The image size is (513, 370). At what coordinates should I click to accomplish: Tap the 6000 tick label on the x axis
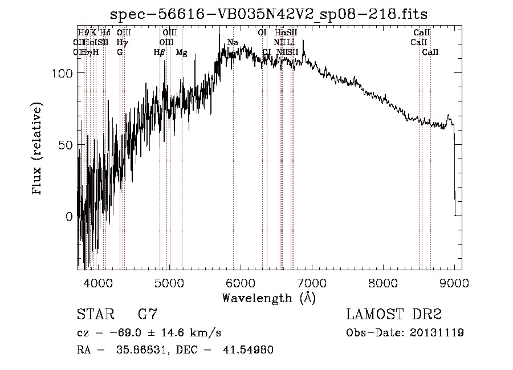[x=241, y=282]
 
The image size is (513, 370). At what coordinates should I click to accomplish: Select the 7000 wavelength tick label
[x=312, y=282]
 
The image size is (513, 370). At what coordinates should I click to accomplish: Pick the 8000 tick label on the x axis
[x=383, y=282]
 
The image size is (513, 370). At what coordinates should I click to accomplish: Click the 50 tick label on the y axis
[x=66, y=145]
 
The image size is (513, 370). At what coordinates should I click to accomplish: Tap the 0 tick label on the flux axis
[x=69, y=217]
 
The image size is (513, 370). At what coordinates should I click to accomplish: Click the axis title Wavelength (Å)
[x=268, y=298]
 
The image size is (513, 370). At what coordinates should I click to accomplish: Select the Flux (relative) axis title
[x=38, y=149]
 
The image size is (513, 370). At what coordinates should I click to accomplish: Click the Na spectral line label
[x=233, y=43]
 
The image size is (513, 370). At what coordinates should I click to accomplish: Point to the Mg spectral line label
[x=181, y=52]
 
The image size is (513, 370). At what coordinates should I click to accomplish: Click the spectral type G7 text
[x=147, y=315]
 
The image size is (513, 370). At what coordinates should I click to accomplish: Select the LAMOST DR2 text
[x=394, y=315]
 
